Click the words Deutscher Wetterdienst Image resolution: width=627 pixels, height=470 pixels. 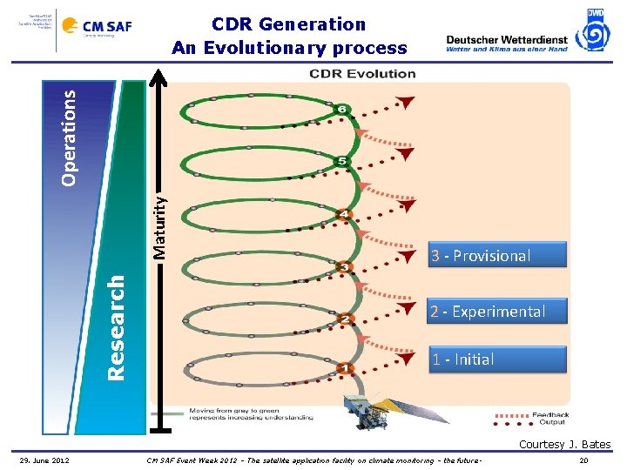(x=506, y=39)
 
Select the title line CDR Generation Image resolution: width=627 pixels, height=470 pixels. (x=289, y=24)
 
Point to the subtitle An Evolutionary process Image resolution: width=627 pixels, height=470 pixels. (x=289, y=48)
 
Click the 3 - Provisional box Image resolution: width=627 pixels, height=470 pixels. (x=497, y=256)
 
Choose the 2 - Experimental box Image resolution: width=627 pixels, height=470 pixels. (x=497, y=312)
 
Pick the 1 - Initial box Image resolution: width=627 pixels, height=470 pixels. (x=497, y=359)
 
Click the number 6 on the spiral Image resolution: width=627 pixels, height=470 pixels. (x=342, y=110)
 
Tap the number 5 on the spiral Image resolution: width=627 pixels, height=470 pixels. (x=342, y=162)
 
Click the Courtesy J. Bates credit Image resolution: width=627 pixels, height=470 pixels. (x=564, y=445)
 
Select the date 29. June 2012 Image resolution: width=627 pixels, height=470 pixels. (x=45, y=460)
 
